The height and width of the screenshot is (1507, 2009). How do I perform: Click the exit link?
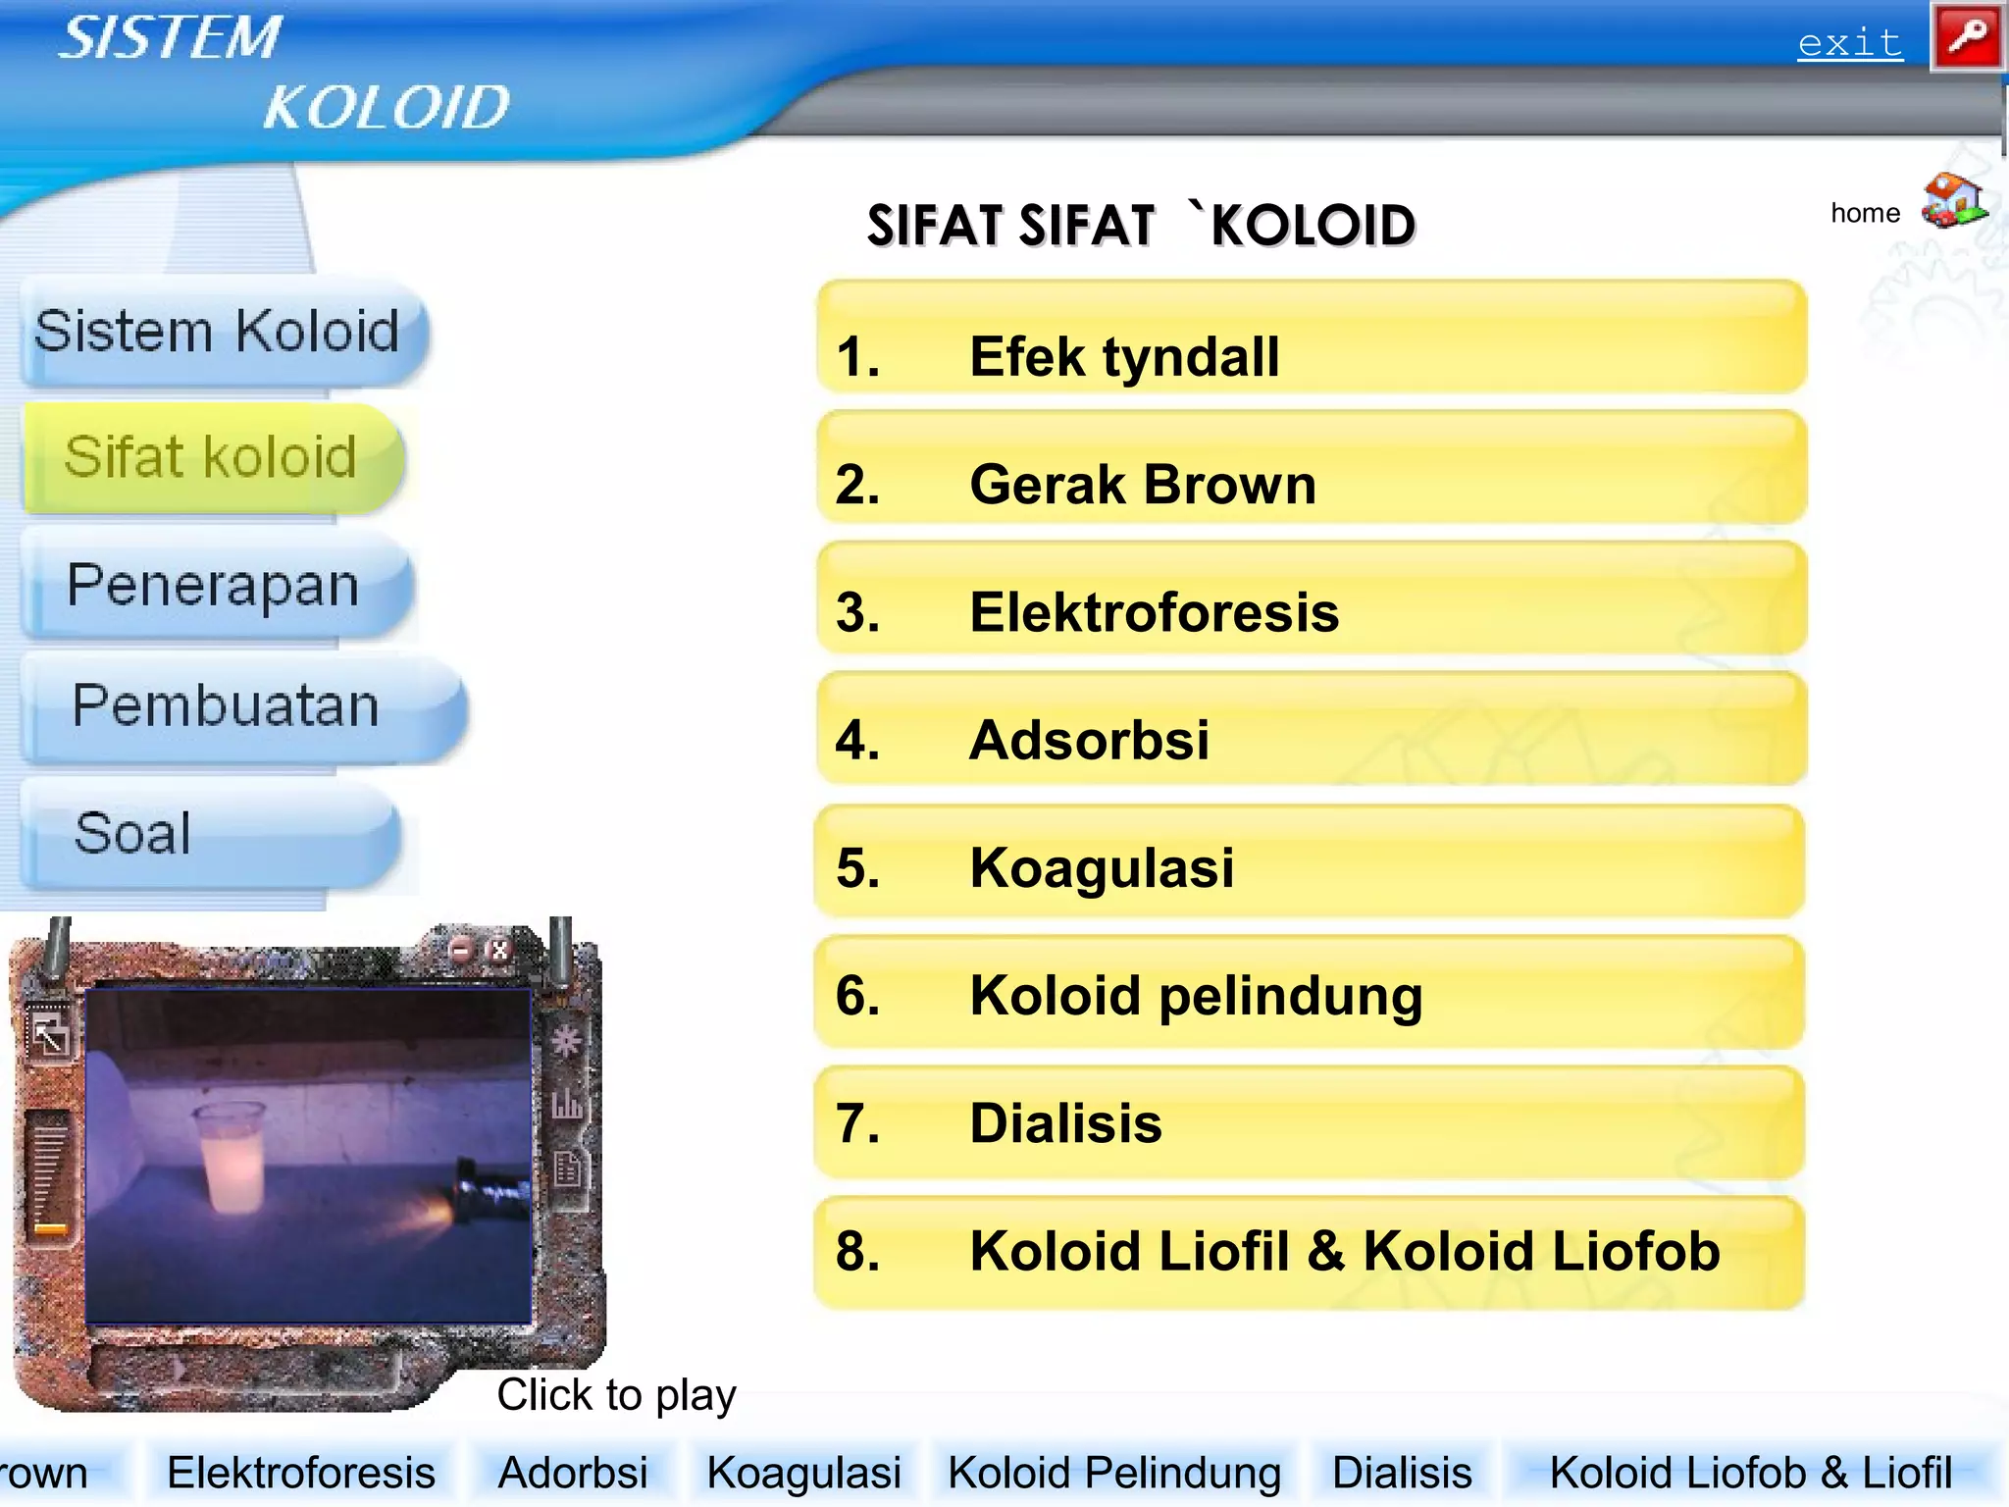(x=1849, y=43)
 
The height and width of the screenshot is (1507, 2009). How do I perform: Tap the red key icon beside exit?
(x=1967, y=37)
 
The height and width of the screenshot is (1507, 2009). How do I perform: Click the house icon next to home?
(x=1953, y=201)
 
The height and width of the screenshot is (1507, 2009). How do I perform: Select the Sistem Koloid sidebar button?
(x=218, y=331)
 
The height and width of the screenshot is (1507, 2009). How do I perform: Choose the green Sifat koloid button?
(x=211, y=457)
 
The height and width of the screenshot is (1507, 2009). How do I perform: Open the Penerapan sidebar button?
(x=213, y=586)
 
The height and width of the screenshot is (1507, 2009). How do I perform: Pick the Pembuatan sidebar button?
(x=227, y=705)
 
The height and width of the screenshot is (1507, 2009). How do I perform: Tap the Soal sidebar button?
(x=133, y=834)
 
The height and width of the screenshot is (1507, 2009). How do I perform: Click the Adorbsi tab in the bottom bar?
(x=573, y=1473)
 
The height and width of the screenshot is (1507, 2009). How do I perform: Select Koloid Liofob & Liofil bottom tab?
(x=1750, y=1473)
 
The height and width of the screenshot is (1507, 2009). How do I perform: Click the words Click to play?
(x=616, y=1394)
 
